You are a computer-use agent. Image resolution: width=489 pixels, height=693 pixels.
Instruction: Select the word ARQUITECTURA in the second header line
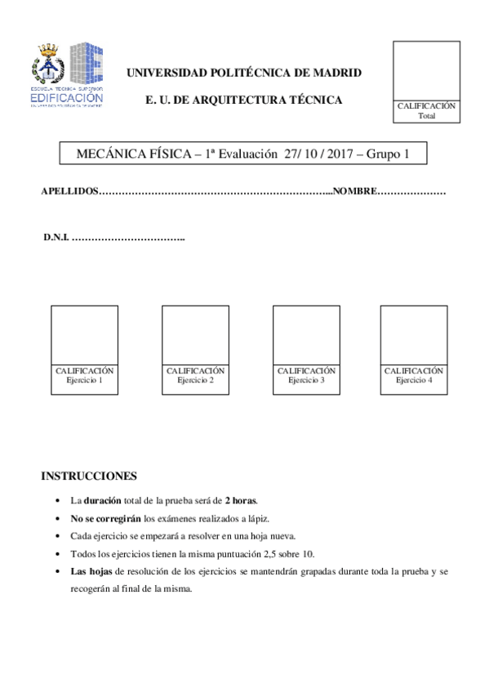click(237, 100)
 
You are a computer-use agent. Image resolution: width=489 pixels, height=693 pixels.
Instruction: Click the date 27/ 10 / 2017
click(315, 154)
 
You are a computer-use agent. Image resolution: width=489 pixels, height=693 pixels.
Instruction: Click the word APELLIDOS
click(69, 191)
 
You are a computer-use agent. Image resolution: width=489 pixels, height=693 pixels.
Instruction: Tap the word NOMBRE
click(354, 191)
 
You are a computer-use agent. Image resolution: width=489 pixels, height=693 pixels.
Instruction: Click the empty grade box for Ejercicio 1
click(84, 335)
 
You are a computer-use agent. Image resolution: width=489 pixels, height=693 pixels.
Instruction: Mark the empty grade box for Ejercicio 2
click(195, 335)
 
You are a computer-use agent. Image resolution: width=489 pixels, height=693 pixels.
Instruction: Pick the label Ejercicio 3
click(306, 380)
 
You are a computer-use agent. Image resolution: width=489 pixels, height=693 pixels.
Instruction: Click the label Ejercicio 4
click(414, 380)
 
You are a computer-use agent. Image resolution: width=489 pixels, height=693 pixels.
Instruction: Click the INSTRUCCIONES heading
click(89, 476)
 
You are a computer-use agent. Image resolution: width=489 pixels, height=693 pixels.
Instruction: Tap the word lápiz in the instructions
click(251, 518)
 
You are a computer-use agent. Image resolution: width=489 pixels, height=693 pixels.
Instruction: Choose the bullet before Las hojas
click(56, 572)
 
